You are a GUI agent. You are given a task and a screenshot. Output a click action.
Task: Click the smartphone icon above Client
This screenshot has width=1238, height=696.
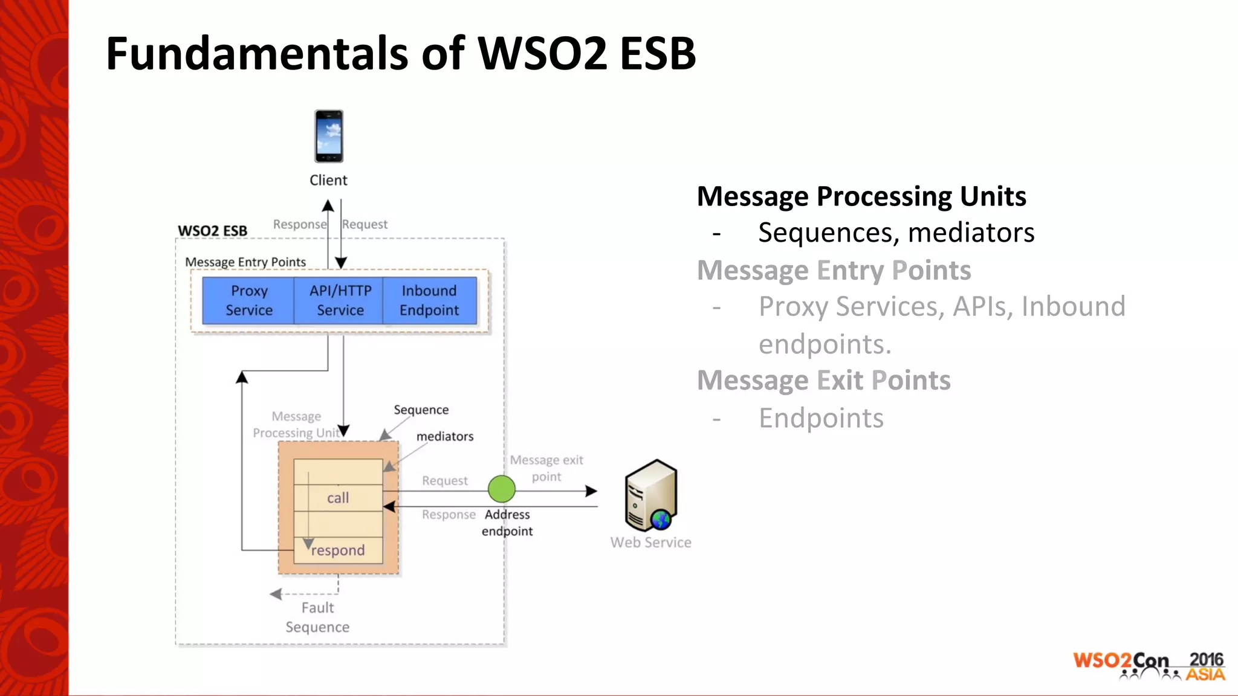click(x=328, y=136)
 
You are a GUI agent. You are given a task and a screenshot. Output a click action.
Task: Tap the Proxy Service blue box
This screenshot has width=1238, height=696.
click(x=248, y=300)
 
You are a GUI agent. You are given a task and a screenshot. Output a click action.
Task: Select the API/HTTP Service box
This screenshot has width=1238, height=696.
click(x=340, y=300)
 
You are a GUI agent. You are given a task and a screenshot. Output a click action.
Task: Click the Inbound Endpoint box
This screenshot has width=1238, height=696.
click(x=429, y=300)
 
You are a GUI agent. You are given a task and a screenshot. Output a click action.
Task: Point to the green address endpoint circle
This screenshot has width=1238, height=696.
click(x=501, y=489)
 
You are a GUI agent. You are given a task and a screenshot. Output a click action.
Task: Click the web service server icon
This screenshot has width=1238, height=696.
click(x=651, y=495)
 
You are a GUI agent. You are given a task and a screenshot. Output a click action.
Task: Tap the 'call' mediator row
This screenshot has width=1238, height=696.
click(x=338, y=498)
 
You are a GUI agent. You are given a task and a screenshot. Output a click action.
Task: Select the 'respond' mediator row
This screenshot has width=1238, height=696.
click(x=338, y=550)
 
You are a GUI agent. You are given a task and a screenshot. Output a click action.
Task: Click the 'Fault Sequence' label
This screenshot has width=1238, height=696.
click(x=317, y=617)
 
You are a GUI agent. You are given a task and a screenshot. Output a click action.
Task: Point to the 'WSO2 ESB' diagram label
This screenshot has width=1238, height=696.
click(x=212, y=231)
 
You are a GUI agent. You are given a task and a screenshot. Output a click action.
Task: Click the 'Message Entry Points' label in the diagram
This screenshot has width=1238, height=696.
click(x=245, y=262)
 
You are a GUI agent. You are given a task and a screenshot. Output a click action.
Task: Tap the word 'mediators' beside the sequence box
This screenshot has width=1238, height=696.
click(x=445, y=436)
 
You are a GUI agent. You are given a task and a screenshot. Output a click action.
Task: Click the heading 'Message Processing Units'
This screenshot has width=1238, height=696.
click(x=861, y=196)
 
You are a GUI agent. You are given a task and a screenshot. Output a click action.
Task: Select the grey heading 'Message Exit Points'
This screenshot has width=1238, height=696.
click(x=823, y=381)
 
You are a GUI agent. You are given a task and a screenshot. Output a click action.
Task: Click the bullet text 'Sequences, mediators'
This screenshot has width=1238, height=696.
click(x=896, y=233)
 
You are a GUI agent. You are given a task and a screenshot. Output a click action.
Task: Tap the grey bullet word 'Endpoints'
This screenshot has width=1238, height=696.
click(x=821, y=418)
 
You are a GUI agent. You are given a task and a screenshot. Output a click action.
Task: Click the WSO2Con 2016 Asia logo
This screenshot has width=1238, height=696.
click(x=1149, y=666)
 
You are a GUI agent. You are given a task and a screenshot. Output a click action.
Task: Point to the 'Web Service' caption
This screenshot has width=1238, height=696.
click(x=650, y=543)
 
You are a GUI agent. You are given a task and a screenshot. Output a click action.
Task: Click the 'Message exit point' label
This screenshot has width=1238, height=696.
click(x=546, y=468)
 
